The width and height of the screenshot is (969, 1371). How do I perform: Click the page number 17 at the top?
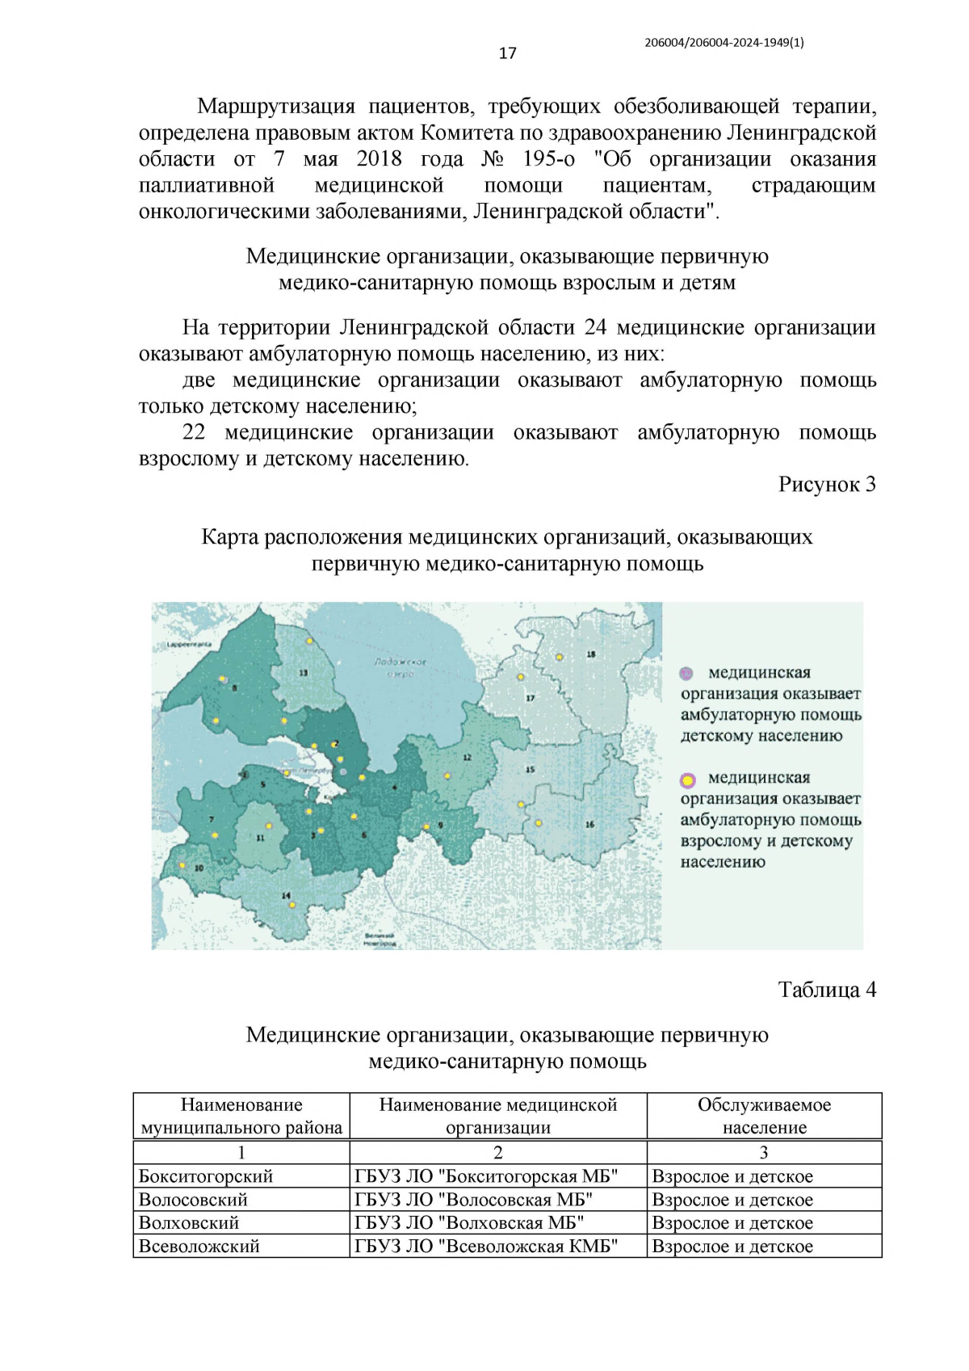507,53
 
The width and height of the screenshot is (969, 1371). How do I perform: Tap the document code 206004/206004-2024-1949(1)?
724,43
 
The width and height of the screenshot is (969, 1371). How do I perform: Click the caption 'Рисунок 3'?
826,484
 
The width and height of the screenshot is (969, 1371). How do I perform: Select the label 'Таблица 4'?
826,990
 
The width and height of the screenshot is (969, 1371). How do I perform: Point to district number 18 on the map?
591,654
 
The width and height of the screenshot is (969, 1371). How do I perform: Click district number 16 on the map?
589,824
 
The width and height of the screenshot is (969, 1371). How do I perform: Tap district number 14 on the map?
286,895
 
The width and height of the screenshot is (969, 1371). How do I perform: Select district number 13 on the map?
304,672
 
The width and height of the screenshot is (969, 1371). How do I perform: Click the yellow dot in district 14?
292,905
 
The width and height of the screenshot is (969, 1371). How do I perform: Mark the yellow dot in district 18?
559,658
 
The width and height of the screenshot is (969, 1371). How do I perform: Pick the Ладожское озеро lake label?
401,667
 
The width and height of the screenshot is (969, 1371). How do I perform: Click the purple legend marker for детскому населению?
686,673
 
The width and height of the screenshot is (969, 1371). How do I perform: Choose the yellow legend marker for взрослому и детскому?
687,780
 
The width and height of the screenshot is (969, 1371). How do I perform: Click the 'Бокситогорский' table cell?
206,1176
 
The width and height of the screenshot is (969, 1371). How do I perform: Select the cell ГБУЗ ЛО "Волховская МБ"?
469,1222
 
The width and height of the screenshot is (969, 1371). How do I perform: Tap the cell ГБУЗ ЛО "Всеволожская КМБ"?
486,1246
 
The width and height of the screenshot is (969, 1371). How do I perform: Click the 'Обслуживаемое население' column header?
764,1116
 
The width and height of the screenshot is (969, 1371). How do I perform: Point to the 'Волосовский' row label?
193,1200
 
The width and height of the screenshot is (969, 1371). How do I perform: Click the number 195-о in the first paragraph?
548,159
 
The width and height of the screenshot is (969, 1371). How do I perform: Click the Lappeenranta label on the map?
189,645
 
